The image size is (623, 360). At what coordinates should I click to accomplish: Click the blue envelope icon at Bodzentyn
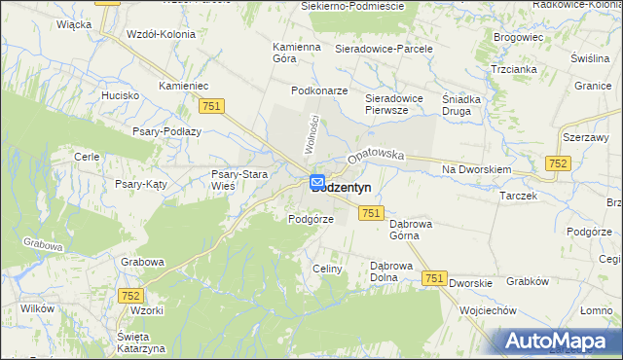318,181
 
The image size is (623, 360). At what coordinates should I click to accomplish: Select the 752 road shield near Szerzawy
558,164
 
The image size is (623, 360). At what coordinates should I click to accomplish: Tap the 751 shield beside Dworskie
435,278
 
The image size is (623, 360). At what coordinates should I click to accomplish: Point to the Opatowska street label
375,155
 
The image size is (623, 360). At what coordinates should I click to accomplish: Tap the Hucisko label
121,96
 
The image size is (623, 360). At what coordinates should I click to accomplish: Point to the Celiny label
327,269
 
